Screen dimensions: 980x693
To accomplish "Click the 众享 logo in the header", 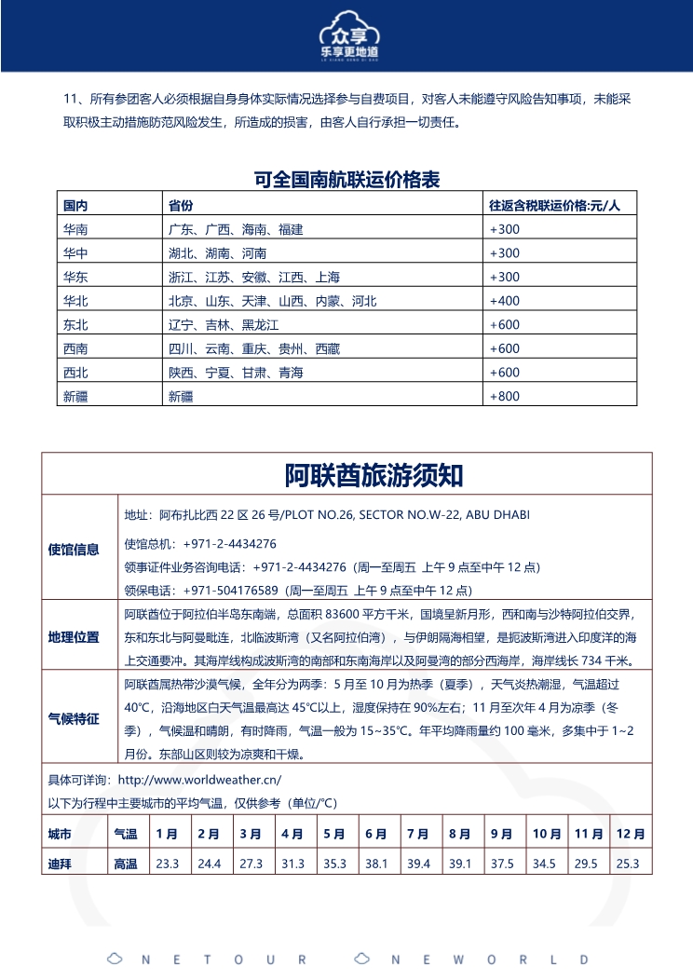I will pos(346,36).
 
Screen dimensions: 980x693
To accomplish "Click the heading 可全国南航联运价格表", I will pos(346,180).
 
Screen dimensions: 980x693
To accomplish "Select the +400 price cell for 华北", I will pos(505,301).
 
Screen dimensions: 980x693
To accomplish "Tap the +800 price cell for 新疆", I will pos(505,396).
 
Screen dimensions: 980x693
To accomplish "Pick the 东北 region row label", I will pos(75,325).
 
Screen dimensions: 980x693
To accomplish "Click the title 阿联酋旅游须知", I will pos(346,476).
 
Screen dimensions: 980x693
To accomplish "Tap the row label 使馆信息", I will pos(74,550).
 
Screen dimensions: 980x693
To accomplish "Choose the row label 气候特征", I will pos(74,718).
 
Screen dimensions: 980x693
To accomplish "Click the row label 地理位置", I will pos(74,637).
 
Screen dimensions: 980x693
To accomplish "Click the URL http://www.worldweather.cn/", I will pos(200,779).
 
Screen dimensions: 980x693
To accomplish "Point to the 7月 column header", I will pos(418,834).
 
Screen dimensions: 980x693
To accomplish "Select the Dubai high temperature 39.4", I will pos(418,864).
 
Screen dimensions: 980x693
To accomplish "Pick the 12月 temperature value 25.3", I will pos(628,864).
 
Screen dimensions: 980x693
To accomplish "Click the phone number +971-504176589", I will pos(233,591).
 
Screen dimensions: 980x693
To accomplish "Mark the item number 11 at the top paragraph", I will pos(70,99).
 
